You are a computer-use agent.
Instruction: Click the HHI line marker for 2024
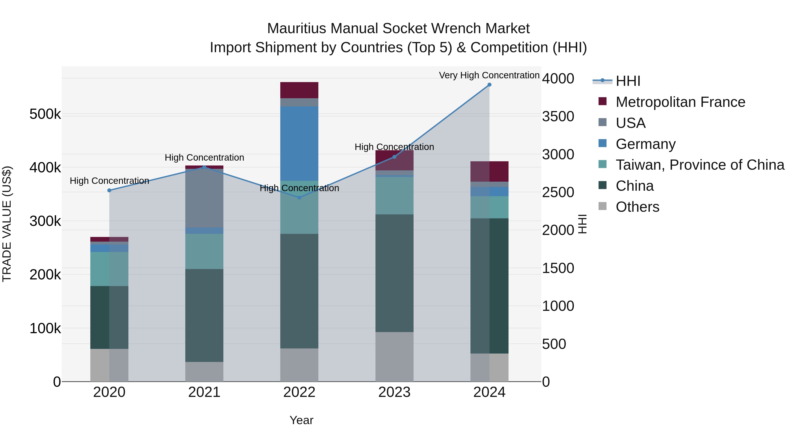(x=489, y=85)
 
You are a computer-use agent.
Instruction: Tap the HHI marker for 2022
(x=299, y=198)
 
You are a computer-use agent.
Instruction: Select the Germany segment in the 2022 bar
(x=299, y=143)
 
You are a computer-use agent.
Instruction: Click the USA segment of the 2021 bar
(x=204, y=198)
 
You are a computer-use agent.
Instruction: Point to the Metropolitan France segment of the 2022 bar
(x=299, y=90)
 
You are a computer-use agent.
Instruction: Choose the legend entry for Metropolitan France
(x=680, y=102)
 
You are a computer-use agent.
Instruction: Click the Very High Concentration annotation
(x=489, y=75)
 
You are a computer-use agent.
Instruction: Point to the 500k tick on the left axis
(x=45, y=114)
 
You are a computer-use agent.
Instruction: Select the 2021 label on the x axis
(x=204, y=392)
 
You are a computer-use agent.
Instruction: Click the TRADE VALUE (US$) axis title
(x=7, y=224)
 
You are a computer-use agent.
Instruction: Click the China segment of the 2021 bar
(x=204, y=315)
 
